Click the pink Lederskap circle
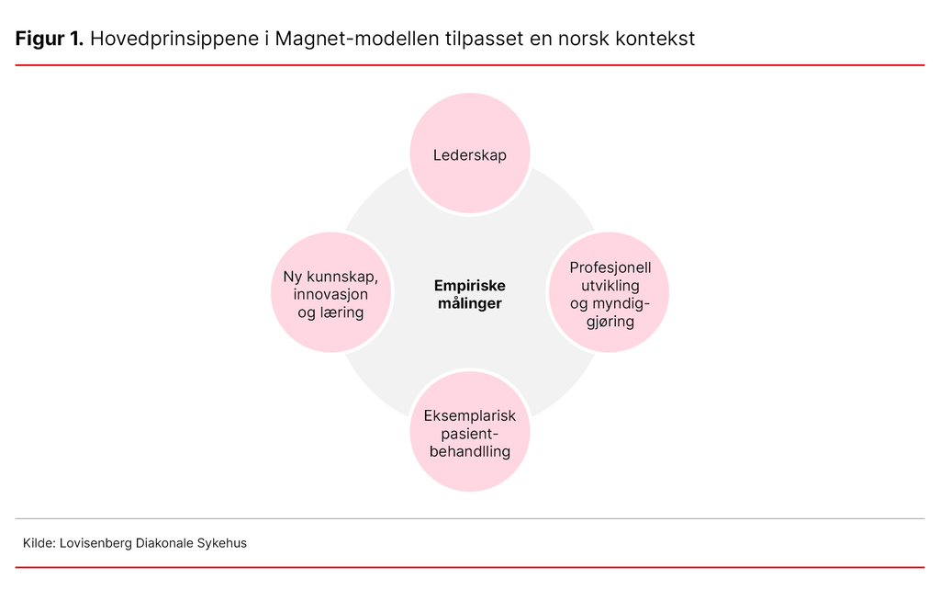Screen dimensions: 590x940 tap(469, 154)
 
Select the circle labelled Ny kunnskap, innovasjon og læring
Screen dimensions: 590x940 tap(331, 293)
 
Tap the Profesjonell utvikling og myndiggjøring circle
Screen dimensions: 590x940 tap(610, 293)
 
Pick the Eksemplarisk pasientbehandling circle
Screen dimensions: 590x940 tap(469, 432)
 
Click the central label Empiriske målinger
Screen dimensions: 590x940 tap(469, 294)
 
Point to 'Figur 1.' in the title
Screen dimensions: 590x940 tap(50, 40)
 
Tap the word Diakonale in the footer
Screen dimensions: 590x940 tap(165, 543)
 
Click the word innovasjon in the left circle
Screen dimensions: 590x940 tap(330, 294)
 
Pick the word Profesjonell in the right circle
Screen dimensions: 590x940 tap(610, 267)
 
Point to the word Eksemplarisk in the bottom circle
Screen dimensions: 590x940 tap(469, 415)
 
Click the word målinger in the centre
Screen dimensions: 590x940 tap(469, 303)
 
